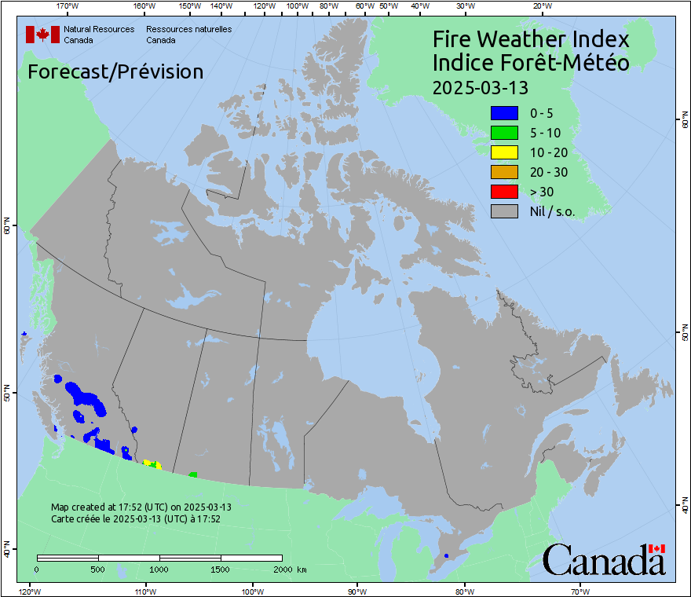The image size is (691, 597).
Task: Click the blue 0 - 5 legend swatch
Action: click(x=504, y=113)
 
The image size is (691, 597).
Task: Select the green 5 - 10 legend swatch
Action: click(x=504, y=133)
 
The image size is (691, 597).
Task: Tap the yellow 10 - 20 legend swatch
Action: click(x=504, y=152)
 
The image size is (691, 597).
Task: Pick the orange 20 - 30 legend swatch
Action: click(x=504, y=172)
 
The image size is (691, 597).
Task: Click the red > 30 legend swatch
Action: click(x=504, y=192)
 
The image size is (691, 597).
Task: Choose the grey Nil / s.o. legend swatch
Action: click(x=504, y=211)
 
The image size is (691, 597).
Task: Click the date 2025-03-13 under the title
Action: click(x=480, y=86)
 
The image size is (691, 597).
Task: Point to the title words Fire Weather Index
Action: click(x=531, y=39)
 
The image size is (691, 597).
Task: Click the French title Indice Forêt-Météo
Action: click(x=531, y=63)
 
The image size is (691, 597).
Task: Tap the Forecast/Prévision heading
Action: click(x=115, y=72)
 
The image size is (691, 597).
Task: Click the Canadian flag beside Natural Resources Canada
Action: click(x=42, y=35)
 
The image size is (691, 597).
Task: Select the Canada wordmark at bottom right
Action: click(x=604, y=559)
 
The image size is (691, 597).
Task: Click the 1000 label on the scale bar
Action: click(x=159, y=569)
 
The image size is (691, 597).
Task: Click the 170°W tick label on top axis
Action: click(x=68, y=6)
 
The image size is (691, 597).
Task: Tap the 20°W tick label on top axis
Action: click(x=541, y=6)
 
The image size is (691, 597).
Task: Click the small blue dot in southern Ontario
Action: click(x=446, y=556)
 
